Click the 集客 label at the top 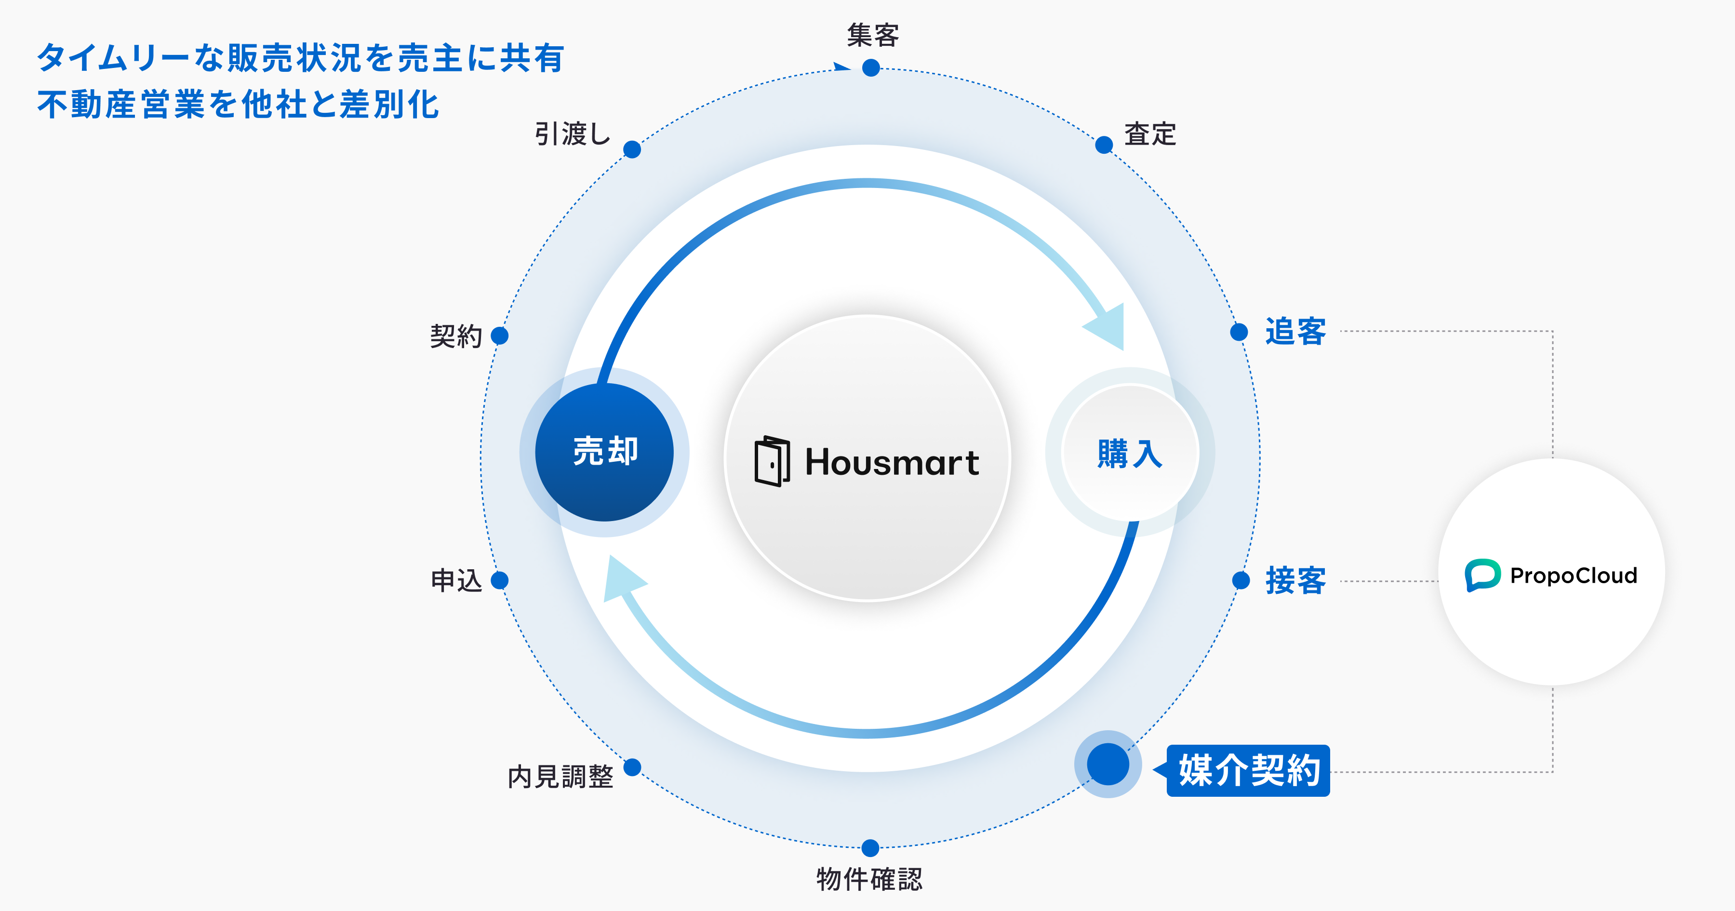pyautogui.click(x=873, y=35)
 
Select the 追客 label pyautogui.click(x=1295, y=332)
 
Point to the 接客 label pyautogui.click(x=1295, y=580)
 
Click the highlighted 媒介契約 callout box pyautogui.click(x=1248, y=770)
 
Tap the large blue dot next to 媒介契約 pyautogui.click(x=1108, y=764)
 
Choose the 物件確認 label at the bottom pyautogui.click(x=869, y=879)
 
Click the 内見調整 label pyautogui.click(x=561, y=776)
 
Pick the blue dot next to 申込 pyautogui.click(x=500, y=580)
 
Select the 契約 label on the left pyautogui.click(x=456, y=335)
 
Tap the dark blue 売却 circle pyautogui.click(x=604, y=452)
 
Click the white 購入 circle pyautogui.click(x=1130, y=453)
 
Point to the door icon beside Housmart pyautogui.click(x=772, y=462)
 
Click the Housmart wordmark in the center pyautogui.click(x=892, y=462)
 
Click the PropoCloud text pyautogui.click(x=1574, y=576)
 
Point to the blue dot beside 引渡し pyautogui.click(x=632, y=149)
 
